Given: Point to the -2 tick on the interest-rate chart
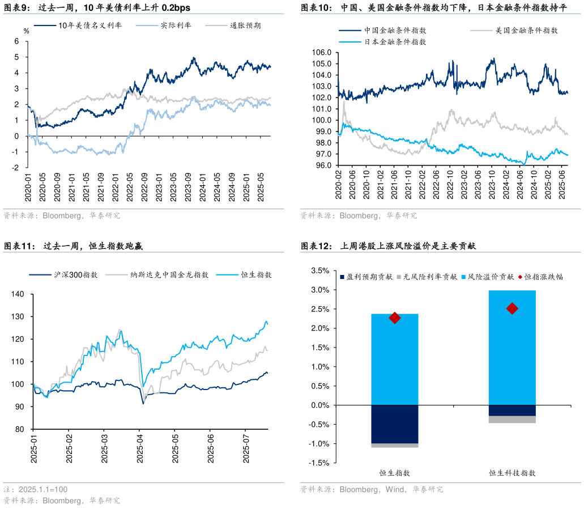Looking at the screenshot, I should [x=16, y=168].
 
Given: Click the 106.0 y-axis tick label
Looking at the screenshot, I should [x=322, y=52].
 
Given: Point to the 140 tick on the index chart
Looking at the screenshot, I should [x=18, y=294].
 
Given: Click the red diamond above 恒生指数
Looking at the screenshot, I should [x=395, y=318].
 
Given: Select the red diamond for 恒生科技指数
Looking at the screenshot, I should [x=512, y=308].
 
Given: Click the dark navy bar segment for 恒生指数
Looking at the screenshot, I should [x=395, y=424].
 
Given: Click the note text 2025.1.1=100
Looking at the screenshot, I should [x=43, y=489].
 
